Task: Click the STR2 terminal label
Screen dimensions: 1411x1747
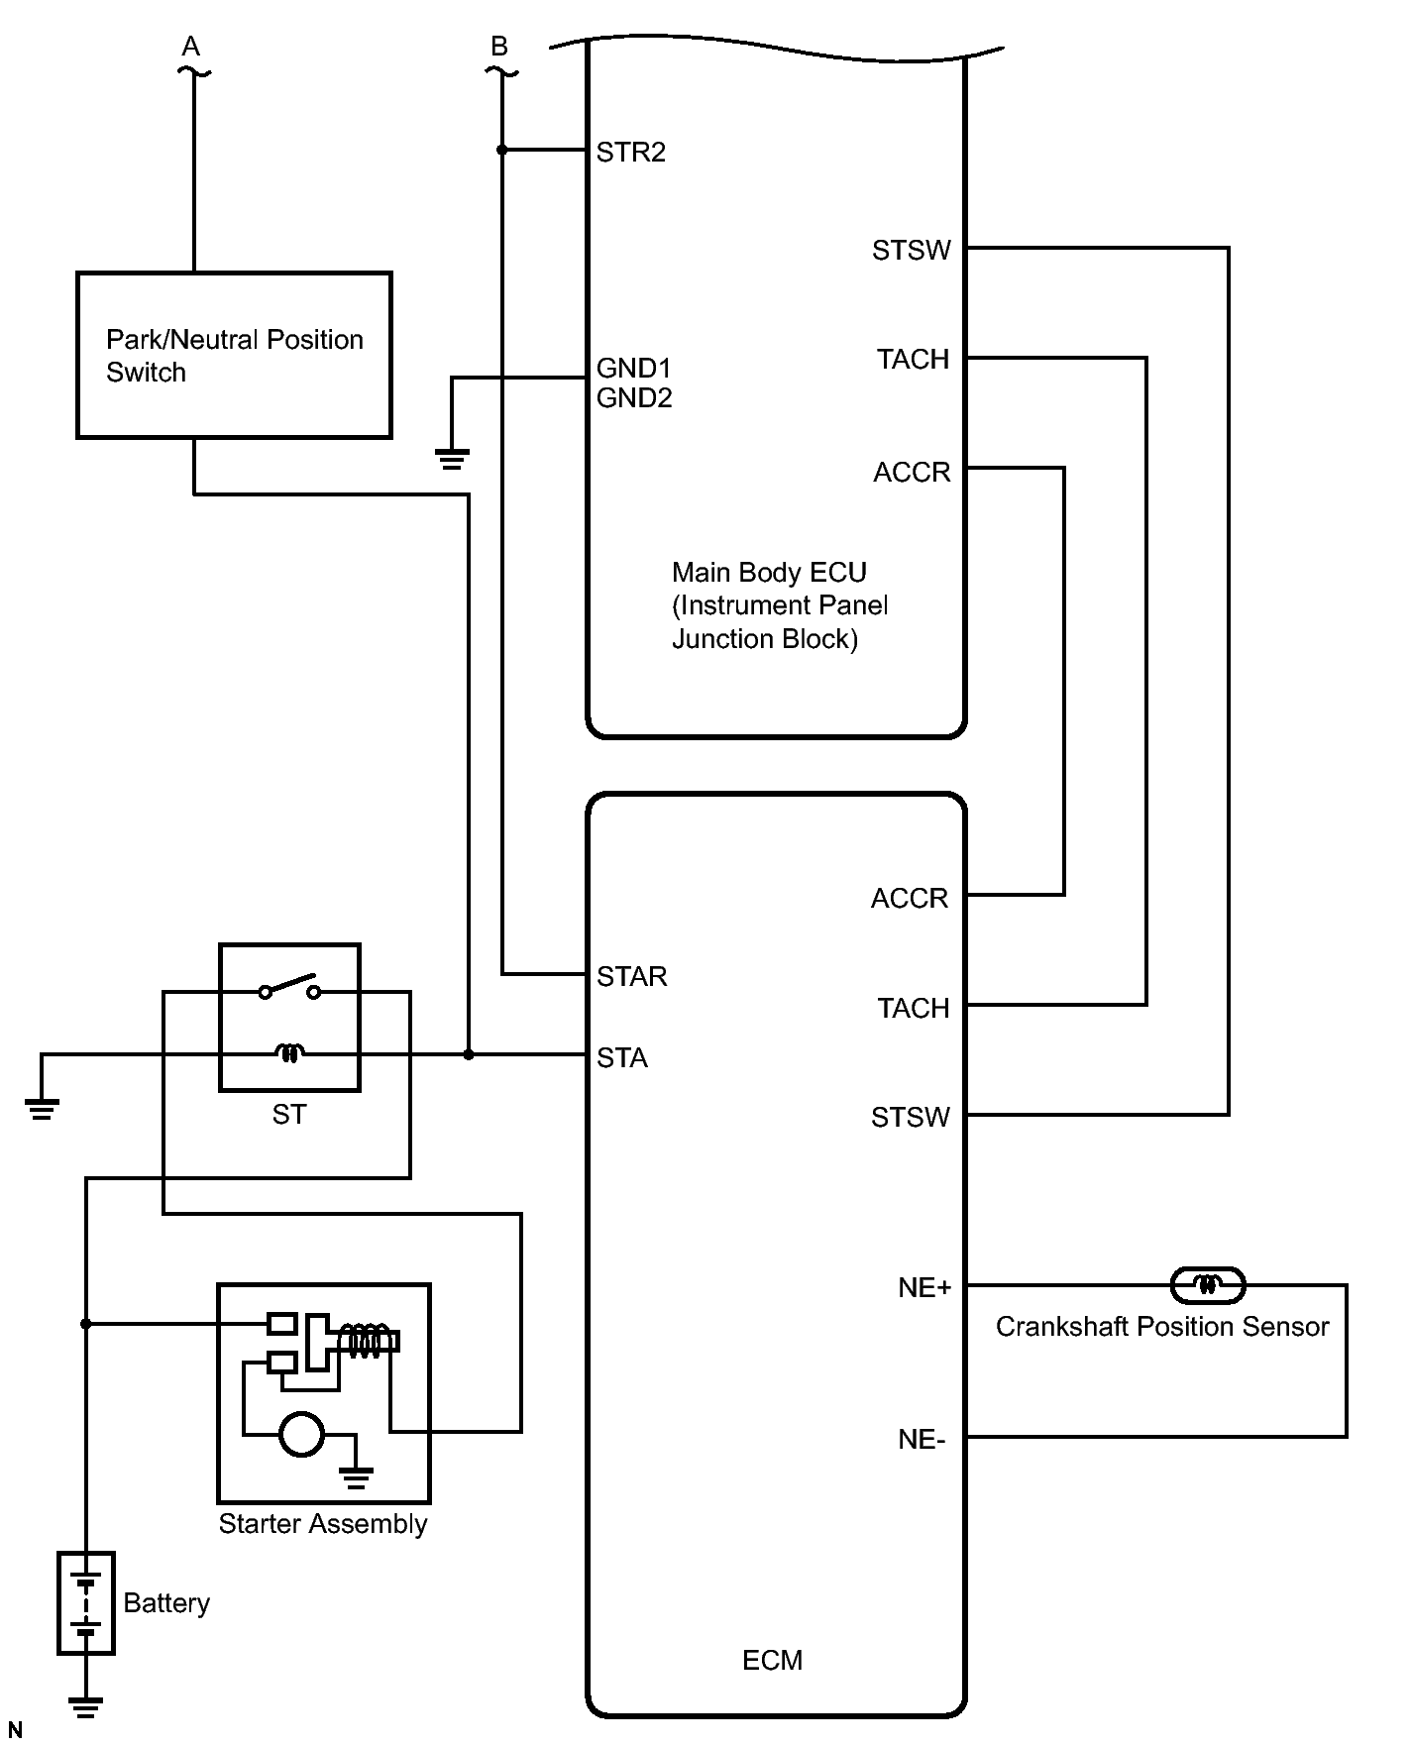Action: coord(630,152)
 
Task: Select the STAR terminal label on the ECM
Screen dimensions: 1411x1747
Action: coord(631,976)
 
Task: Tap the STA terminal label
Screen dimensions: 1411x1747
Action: coord(621,1058)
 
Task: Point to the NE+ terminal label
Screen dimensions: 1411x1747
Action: coord(923,1287)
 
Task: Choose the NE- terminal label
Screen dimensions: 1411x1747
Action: coord(922,1439)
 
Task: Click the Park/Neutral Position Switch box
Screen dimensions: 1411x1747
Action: coord(235,355)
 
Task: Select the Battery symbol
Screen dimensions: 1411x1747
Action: coord(86,1603)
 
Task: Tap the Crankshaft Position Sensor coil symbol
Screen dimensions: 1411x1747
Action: coord(1207,1285)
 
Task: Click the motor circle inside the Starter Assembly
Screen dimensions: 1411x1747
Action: coord(301,1433)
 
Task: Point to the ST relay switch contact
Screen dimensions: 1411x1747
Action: coord(289,988)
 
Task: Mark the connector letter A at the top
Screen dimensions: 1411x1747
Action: coord(191,47)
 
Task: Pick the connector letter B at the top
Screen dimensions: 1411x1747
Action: coord(499,47)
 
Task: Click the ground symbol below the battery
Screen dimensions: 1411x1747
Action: coord(86,1706)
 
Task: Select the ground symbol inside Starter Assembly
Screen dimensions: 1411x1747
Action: coord(356,1478)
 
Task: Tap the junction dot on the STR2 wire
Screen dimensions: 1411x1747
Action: coord(501,150)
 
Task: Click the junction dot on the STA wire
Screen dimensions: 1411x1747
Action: coord(469,1055)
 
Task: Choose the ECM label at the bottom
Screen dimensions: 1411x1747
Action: coord(772,1660)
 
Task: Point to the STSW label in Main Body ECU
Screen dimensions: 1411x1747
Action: coord(911,250)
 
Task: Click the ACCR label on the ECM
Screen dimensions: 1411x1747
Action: coord(910,898)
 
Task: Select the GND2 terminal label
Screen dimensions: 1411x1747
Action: coord(634,397)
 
